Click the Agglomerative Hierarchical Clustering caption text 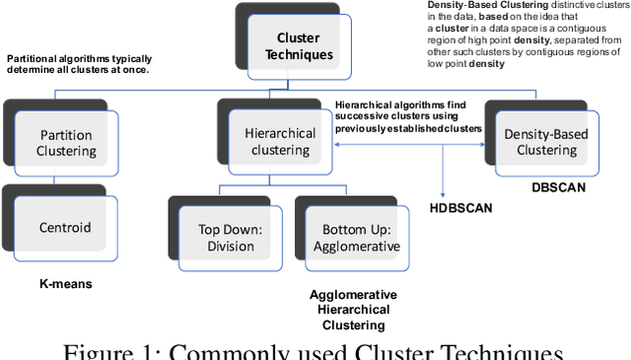[353, 310]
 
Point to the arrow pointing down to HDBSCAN [446, 173]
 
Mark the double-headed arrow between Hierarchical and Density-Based [410, 144]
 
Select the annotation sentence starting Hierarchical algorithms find [407, 115]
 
